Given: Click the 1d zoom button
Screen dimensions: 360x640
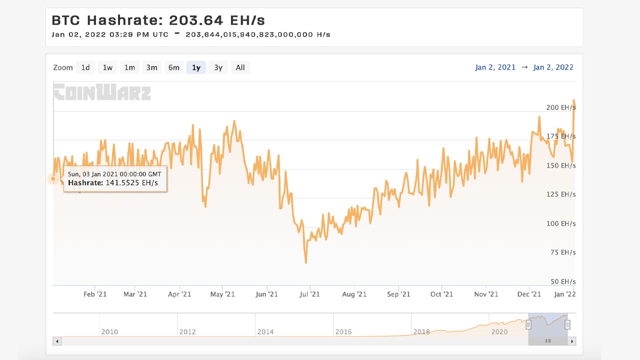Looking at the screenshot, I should click(x=85, y=67).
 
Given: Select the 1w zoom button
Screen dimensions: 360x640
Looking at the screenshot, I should click(x=107, y=67).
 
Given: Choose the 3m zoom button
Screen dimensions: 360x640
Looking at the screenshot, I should click(x=151, y=67).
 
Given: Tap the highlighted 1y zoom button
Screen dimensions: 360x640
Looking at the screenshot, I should click(x=196, y=67).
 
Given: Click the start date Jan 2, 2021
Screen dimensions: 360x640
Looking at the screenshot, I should click(x=495, y=67).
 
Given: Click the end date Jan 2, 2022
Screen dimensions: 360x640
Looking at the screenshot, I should click(x=553, y=67).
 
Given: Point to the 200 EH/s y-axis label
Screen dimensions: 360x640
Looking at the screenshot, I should click(x=560, y=107).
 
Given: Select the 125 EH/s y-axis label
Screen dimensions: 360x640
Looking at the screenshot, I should click(x=560, y=194).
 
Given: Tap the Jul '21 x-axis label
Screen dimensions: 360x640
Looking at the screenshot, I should click(x=310, y=294).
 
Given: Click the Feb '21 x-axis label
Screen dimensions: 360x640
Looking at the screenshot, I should click(x=95, y=294).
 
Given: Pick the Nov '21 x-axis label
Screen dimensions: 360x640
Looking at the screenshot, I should click(x=486, y=294).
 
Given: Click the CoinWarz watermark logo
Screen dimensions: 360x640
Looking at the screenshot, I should click(x=102, y=92).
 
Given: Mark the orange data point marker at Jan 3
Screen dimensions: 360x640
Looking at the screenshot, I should click(x=53, y=178).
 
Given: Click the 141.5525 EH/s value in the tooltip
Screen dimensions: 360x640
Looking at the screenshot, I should click(x=131, y=183).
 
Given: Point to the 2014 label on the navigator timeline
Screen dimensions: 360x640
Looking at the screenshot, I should click(x=265, y=331).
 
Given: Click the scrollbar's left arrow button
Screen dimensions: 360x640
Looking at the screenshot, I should click(x=57, y=341).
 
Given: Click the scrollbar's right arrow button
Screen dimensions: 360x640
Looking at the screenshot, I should click(x=572, y=341).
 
